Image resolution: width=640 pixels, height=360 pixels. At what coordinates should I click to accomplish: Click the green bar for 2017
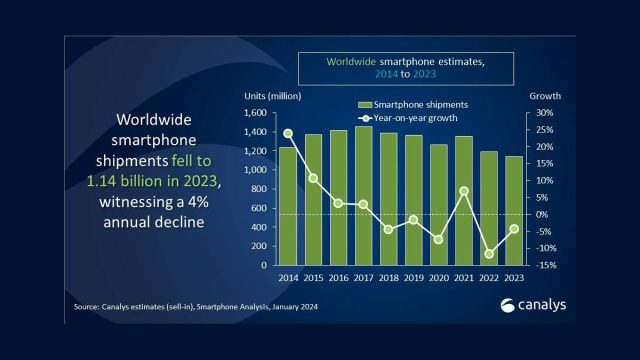[363, 196]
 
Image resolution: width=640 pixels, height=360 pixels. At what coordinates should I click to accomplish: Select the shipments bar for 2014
[288, 206]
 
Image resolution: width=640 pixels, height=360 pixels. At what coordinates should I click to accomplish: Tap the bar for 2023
[513, 211]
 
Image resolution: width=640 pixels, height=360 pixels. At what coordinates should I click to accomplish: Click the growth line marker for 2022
[488, 254]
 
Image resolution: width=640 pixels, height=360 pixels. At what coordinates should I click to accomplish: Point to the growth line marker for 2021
[463, 191]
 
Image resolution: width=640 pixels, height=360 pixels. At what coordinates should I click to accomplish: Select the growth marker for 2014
[288, 133]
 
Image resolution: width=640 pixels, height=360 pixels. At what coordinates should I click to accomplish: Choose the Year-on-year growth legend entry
[410, 119]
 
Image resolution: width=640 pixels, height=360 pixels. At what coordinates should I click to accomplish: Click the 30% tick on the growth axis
[544, 113]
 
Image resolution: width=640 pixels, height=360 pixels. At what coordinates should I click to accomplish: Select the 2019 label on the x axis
[413, 279]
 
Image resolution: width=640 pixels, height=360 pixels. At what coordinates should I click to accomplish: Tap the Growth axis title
[546, 96]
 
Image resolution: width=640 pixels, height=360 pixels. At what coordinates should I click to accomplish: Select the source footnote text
[197, 308]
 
